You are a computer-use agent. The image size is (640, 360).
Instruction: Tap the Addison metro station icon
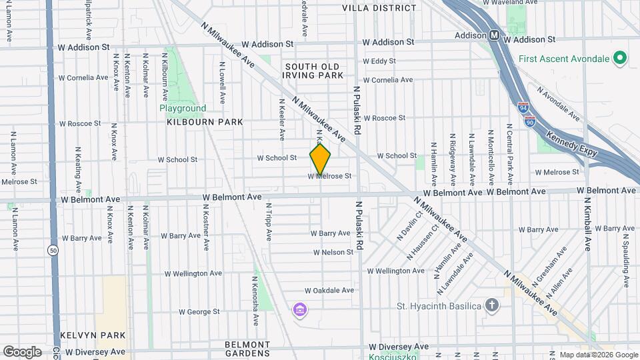[495, 35]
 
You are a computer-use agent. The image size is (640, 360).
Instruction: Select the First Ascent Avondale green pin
[620, 59]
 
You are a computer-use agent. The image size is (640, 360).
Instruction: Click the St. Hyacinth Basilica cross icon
[492, 305]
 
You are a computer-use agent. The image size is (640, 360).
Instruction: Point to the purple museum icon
[300, 310]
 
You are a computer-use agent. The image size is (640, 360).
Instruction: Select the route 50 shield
[53, 250]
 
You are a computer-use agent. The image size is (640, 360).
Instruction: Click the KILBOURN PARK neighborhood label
[195, 122]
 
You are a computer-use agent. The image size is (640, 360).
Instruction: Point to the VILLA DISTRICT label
[379, 8]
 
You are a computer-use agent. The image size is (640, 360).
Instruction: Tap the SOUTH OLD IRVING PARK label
[312, 71]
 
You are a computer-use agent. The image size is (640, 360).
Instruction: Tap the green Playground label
[182, 108]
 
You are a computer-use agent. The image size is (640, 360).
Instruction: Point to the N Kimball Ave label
[587, 223]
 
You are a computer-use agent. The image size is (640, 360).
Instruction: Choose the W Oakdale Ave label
[329, 291]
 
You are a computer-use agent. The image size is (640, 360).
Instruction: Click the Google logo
[22, 351]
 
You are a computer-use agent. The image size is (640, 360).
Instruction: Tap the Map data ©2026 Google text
[598, 355]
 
